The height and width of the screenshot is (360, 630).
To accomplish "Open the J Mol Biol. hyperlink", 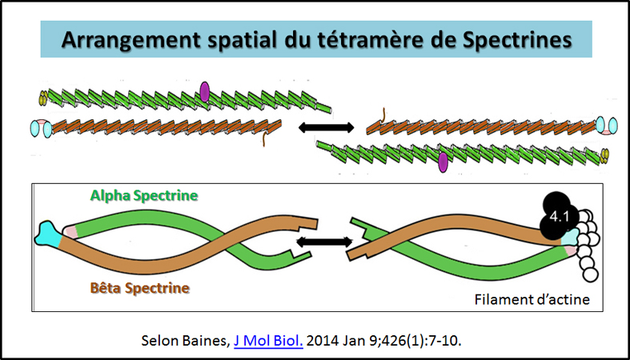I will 268,339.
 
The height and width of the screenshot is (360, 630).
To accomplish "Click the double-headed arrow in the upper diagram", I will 325,126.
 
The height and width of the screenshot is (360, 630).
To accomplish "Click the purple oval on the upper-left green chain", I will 205,92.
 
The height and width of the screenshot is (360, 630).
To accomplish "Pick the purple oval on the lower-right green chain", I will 443,162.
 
